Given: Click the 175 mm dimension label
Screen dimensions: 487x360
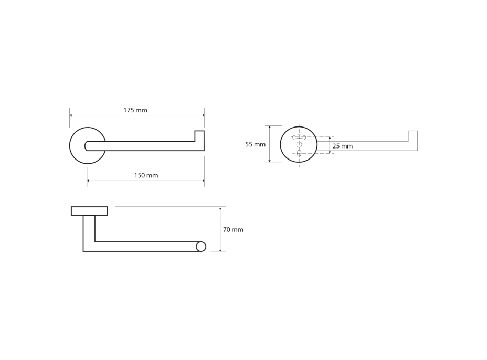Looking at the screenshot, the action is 135,110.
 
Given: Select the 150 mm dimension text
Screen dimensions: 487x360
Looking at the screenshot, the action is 146,175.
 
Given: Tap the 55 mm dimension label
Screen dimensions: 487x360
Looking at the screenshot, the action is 255,144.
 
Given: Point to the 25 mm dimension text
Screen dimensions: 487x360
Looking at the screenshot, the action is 343,146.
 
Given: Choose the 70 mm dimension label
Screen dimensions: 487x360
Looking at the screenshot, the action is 233,230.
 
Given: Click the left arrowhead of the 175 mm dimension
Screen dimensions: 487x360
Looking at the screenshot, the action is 71,115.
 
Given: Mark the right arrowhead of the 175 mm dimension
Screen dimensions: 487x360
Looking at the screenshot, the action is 203,115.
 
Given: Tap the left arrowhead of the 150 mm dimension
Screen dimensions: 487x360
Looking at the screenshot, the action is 89,181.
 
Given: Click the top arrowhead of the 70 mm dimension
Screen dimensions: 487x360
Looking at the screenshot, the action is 220,208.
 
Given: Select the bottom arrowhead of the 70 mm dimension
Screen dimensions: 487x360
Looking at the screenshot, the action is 220,250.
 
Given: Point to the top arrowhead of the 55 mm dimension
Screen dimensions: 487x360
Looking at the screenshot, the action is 270,128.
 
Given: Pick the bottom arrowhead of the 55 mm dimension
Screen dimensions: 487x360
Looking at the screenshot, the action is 270,160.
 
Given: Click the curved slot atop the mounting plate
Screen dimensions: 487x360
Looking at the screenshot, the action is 299,137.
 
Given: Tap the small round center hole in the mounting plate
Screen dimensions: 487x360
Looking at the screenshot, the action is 299,144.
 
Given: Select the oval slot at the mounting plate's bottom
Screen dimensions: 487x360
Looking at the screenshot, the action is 299,153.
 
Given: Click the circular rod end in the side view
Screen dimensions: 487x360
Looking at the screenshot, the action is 201,247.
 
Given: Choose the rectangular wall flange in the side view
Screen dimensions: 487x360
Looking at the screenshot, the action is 89,211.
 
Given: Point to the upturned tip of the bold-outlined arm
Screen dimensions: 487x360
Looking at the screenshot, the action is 199,136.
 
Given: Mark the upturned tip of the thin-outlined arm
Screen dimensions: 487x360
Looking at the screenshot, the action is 413,136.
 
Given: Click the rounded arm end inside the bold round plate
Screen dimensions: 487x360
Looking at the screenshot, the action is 87,146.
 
